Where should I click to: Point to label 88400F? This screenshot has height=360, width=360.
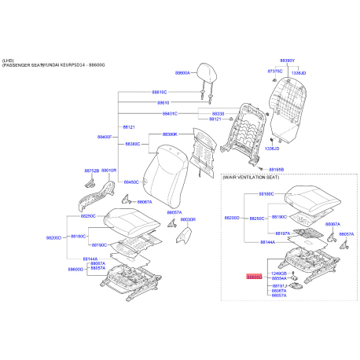[106, 137]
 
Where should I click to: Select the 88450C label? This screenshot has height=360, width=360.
[130, 182]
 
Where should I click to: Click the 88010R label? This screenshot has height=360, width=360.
[109, 169]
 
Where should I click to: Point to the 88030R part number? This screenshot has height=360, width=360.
[187, 219]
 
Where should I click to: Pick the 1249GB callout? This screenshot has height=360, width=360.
[277, 273]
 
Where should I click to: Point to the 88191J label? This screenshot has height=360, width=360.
[278, 285]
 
